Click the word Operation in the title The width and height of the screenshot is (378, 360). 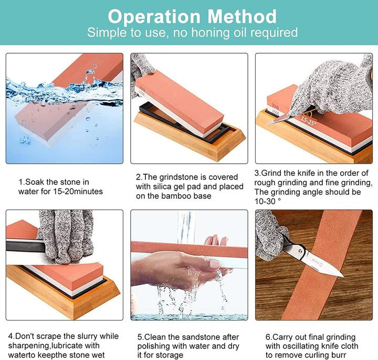tap(154, 17)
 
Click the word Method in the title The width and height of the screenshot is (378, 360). tap(242, 17)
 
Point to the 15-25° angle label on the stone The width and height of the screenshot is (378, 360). tap(308, 121)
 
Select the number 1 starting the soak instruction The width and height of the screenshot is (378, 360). tap(20, 182)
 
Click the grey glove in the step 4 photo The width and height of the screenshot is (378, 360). tap(65, 236)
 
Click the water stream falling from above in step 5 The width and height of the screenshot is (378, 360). tap(186, 227)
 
